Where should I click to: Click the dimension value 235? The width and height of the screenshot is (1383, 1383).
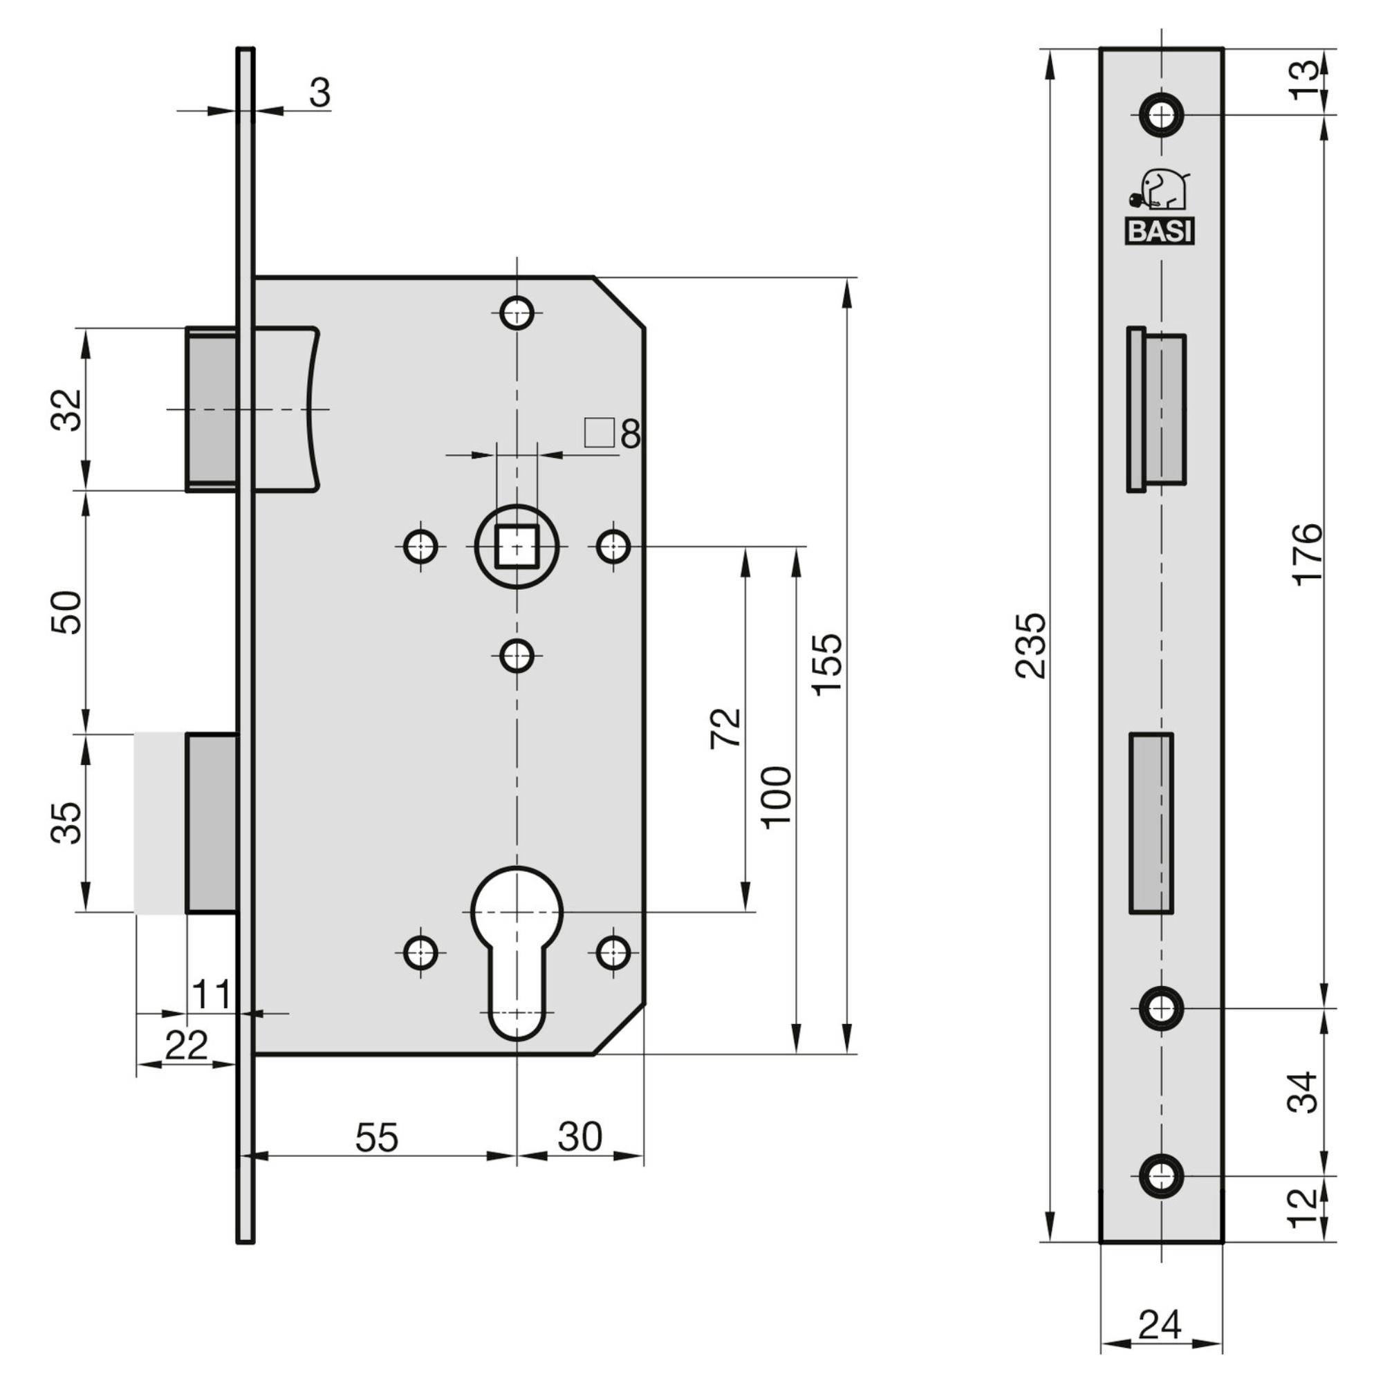(1031, 645)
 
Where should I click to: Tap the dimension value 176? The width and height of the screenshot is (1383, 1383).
(1309, 554)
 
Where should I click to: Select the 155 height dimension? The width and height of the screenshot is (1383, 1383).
(828, 664)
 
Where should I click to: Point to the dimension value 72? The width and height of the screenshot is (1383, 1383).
(726, 729)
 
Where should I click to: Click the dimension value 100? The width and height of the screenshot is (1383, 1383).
(777, 797)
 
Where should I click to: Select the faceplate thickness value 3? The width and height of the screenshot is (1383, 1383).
(320, 93)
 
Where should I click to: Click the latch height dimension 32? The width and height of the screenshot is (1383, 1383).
(66, 409)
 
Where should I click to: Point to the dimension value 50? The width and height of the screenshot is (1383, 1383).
(66, 612)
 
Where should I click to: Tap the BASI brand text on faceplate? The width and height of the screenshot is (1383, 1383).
(1160, 232)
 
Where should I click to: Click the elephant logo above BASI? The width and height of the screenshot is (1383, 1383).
(1160, 191)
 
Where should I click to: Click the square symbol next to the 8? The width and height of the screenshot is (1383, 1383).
(600, 432)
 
